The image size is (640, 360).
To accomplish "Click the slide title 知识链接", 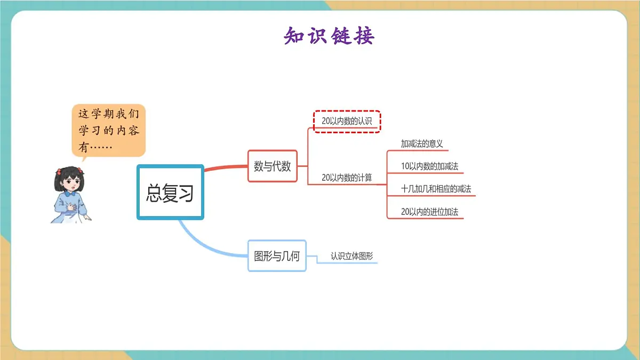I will (329, 36).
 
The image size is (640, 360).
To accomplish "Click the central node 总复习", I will (170, 192).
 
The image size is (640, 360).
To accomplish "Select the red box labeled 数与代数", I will (273, 166).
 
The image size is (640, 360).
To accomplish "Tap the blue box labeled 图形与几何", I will (277, 256).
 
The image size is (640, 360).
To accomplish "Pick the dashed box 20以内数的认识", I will (347, 121).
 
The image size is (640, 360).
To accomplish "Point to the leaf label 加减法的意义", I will (422, 143).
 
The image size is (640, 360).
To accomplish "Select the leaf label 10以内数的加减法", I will (429, 166).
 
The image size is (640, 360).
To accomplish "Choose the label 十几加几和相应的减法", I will (436, 189).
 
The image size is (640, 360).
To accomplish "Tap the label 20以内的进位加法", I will (429, 212).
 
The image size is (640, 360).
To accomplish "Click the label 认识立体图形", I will (351, 256).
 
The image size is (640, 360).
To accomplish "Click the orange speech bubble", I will (109, 129).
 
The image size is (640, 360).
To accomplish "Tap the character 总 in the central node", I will (154, 193).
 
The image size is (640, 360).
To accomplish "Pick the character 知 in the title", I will (294, 36).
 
